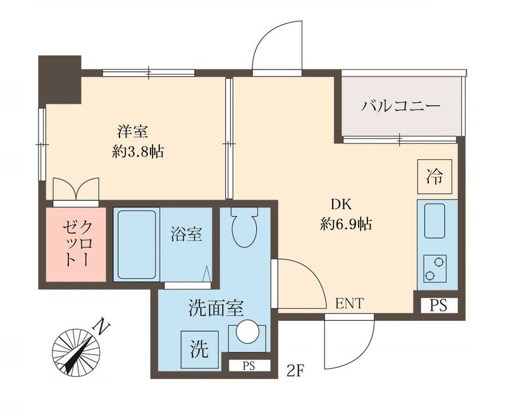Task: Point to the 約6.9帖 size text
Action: [x=344, y=224]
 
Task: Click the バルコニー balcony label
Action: [x=400, y=105]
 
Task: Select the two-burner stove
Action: [x=435, y=268]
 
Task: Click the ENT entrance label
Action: [x=349, y=304]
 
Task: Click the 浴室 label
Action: [x=186, y=234]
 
